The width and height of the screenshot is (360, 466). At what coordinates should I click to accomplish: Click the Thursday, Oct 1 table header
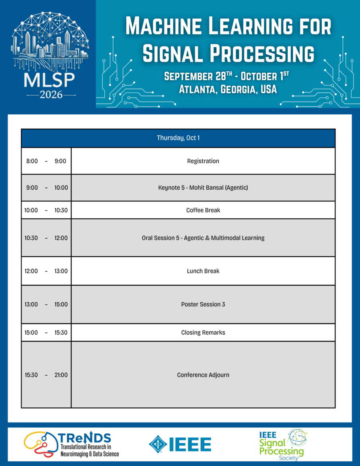point(178,138)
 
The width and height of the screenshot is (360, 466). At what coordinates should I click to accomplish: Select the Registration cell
point(203,161)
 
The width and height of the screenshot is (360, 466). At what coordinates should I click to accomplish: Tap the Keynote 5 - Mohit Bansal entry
point(203,188)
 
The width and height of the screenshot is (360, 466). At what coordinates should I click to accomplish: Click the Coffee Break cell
point(203,210)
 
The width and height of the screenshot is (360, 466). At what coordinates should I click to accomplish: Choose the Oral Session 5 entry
point(203,238)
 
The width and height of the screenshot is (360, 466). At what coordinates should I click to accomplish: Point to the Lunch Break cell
point(203,271)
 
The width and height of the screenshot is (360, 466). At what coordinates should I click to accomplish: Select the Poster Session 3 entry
point(203,304)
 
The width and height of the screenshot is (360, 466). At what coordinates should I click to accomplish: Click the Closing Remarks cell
point(203,333)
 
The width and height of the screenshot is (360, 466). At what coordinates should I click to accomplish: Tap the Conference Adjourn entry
point(203,375)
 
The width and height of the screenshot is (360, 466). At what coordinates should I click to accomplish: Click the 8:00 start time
point(32,161)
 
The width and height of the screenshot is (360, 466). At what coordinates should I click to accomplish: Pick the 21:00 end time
point(61,375)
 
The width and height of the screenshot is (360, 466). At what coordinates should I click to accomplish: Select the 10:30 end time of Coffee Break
point(61,210)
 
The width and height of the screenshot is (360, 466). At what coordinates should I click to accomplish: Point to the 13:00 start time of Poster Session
point(31,304)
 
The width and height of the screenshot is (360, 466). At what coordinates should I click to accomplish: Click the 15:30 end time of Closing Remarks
point(61,333)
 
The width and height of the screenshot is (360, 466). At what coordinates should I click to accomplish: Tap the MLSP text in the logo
point(49,80)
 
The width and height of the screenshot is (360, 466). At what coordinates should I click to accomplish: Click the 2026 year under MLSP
point(51,95)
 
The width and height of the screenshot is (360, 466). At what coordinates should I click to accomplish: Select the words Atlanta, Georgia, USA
point(228,89)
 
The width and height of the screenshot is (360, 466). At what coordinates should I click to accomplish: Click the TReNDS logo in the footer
point(71,444)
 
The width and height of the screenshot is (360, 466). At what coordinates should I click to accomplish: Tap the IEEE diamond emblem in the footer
point(158,444)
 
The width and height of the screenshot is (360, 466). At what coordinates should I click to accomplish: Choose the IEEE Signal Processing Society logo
point(283,444)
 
